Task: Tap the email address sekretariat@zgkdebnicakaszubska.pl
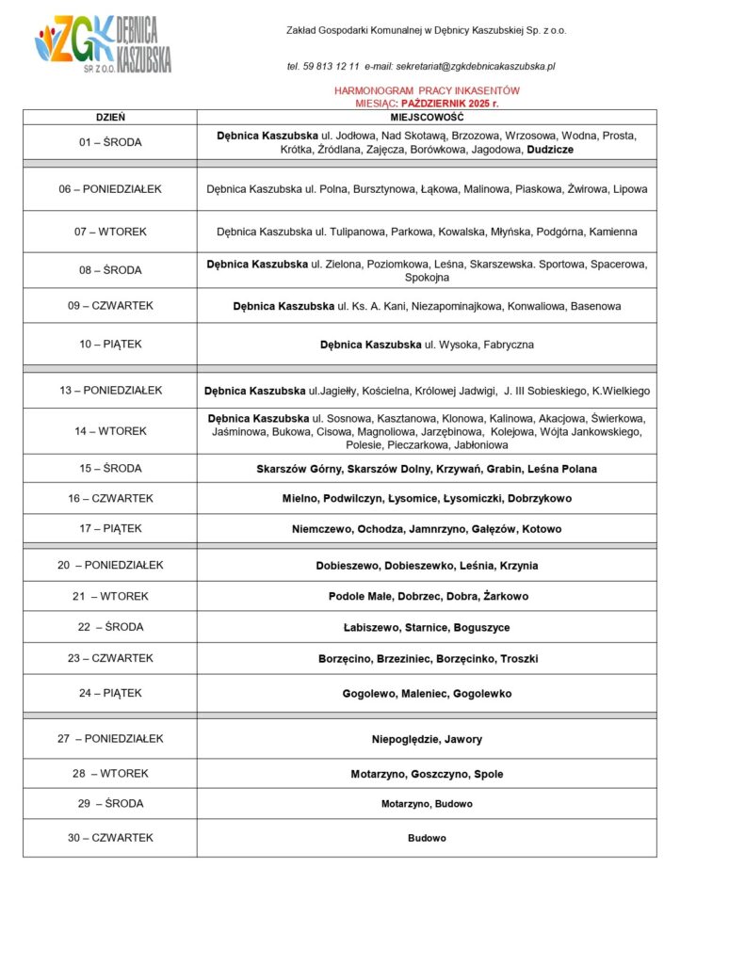click(x=475, y=67)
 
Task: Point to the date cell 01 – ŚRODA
click(x=110, y=142)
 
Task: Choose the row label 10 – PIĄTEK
click(x=110, y=345)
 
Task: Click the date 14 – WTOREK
click(x=110, y=431)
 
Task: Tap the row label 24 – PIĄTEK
click(x=110, y=694)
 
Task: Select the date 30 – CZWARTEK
click(x=110, y=838)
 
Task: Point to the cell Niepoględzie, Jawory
click(x=427, y=740)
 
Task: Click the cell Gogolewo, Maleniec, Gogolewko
click(x=427, y=694)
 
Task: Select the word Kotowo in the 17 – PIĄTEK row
click(x=542, y=529)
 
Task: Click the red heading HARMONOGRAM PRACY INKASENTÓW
click(x=427, y=90)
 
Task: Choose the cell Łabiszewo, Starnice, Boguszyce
click(x=427, y=628)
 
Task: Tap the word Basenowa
click(x=596, y=307)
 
